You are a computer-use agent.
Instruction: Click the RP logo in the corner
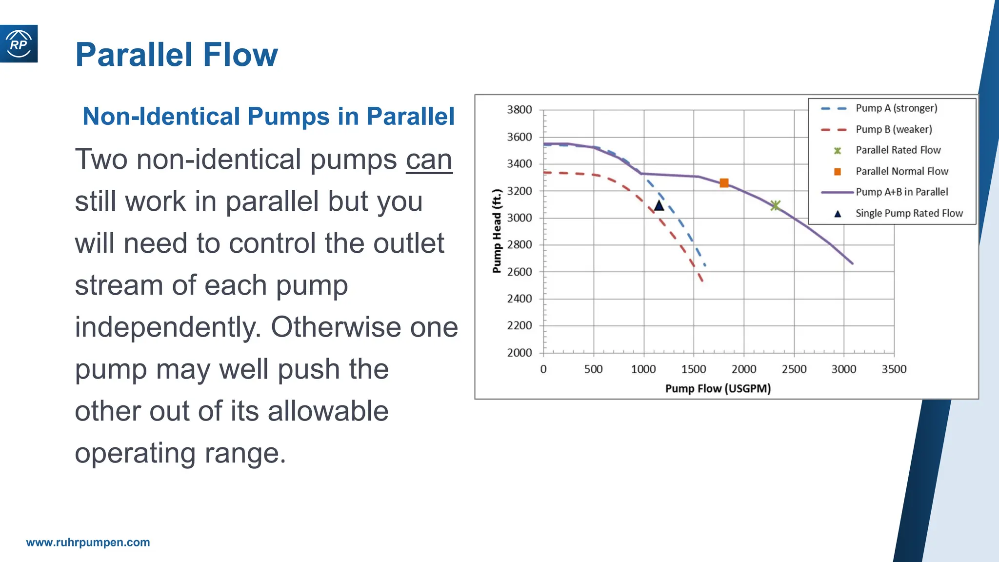point(19,44)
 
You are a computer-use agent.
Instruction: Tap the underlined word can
point(429,160)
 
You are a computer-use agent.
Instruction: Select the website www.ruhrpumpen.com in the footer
point(88,542)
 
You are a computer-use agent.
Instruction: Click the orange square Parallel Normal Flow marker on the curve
point(724,183)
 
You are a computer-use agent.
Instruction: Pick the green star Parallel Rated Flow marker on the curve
point(775,205)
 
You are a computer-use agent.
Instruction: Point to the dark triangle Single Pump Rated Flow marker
point(659,205)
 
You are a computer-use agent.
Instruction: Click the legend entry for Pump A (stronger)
point(896,108)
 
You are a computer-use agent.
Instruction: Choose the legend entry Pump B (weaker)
point(893,129)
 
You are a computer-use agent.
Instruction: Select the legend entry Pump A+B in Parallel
point(901,192)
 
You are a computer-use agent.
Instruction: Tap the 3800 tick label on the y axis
point(519,110)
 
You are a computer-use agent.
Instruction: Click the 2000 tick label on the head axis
point(519,353)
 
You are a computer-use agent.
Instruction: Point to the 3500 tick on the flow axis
point(894,369)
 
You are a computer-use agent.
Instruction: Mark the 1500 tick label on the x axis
point(693,369)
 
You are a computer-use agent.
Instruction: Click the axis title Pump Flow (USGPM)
point(718,389)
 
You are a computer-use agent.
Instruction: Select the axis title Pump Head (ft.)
point(497,231)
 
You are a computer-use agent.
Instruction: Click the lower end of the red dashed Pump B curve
point(701,280)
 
